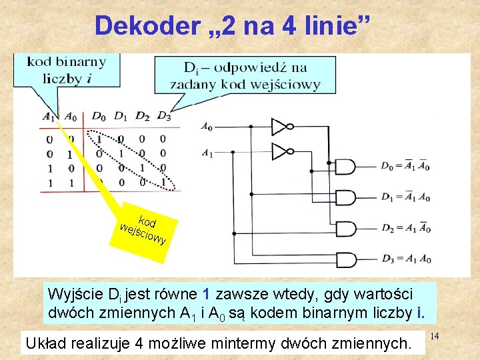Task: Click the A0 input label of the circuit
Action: click(207, 127)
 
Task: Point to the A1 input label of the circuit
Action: click(207, 153)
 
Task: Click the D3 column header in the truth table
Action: click(163, 117)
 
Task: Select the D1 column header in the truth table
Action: click(120, 117)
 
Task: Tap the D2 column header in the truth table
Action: click(142, 117)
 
